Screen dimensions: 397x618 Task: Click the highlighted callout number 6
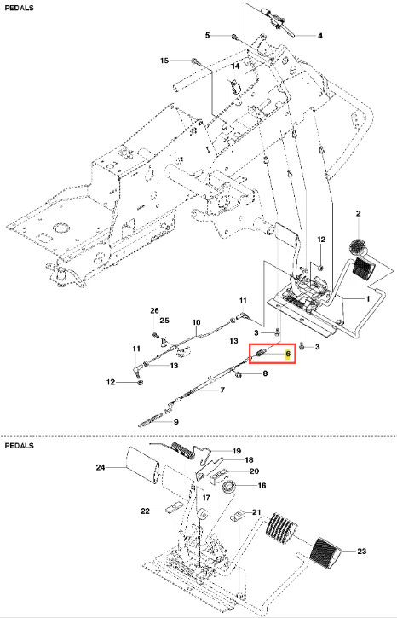288,354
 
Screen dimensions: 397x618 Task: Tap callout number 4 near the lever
320,36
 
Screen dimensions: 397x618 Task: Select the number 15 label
164,61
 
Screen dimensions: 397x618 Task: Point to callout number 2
359,214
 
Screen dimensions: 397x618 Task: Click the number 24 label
101,467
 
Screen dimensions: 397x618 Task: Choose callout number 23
361,551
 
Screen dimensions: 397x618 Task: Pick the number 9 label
176,422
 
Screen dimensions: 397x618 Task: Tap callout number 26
154,311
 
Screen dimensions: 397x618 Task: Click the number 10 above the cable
196,322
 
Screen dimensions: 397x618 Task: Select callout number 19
237,451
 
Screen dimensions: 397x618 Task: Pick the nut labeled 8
238,375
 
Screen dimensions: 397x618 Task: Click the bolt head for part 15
194,61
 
